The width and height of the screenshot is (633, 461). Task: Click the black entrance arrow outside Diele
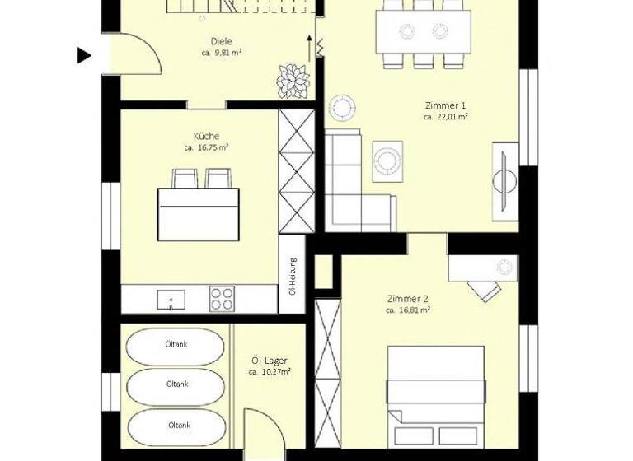coord(83,56)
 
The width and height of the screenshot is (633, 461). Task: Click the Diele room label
coord(221,41)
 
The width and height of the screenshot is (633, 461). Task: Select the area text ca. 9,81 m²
coord(221,53)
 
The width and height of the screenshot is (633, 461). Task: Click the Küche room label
coord(206,136)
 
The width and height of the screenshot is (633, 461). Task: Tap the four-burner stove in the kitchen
coord(222,297)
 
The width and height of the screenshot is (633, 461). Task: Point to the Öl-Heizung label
coord(293,276)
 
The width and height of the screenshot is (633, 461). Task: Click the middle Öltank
coord(177,384)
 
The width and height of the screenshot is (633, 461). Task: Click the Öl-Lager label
coord(270,360)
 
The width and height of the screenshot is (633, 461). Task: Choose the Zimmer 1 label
coord(445,105)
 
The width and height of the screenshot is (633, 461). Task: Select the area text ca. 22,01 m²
coord(446,118)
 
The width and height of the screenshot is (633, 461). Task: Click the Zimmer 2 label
coord(407,299)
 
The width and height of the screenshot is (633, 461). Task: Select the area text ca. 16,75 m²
coord(206,148)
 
